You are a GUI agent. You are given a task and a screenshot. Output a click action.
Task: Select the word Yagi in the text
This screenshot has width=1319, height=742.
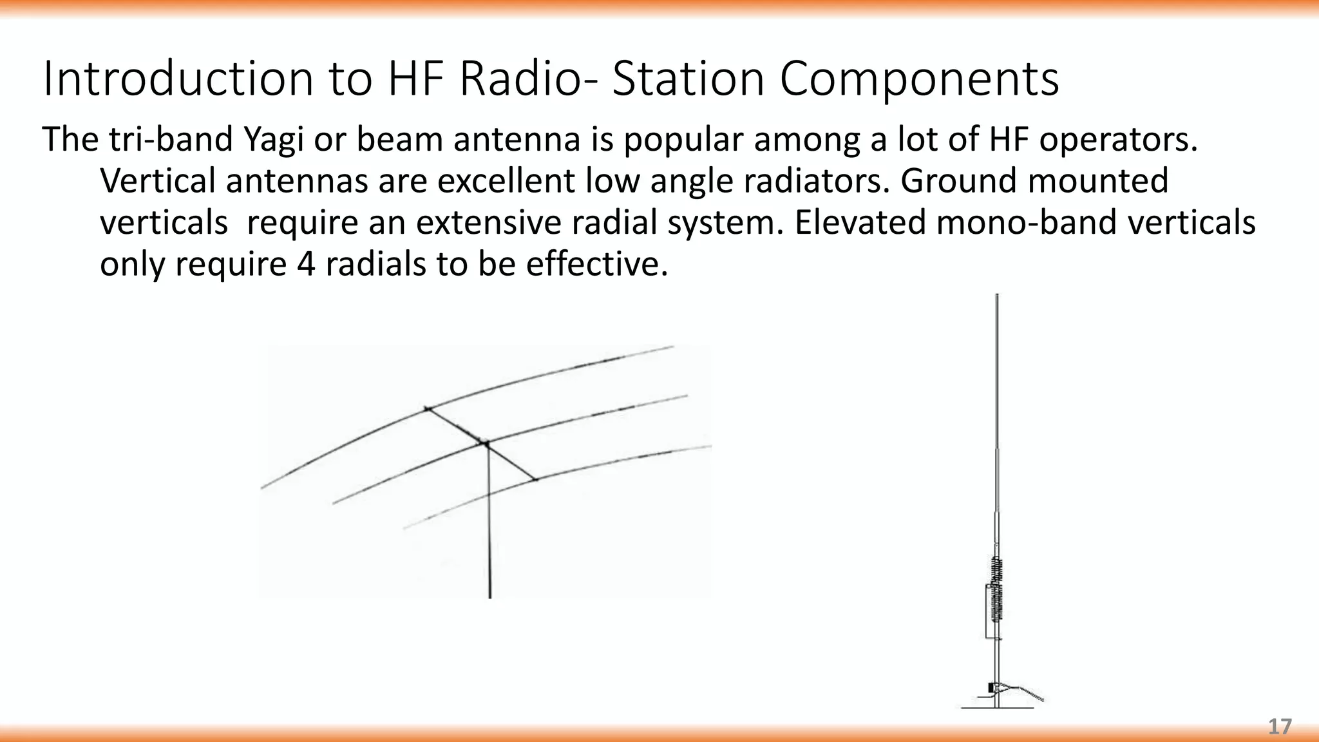273,140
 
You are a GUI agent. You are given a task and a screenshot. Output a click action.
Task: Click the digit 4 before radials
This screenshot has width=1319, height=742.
306,264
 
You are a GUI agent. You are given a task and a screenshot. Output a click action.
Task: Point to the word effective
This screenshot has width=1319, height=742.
596,264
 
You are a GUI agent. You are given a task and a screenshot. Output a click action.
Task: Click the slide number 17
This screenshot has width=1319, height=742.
1280,727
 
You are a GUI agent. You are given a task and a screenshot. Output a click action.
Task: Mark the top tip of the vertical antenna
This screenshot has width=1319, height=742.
997,296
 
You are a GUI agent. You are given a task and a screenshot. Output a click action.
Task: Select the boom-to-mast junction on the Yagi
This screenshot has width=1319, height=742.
485,443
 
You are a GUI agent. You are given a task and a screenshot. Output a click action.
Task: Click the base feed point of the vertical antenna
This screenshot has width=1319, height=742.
995,688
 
